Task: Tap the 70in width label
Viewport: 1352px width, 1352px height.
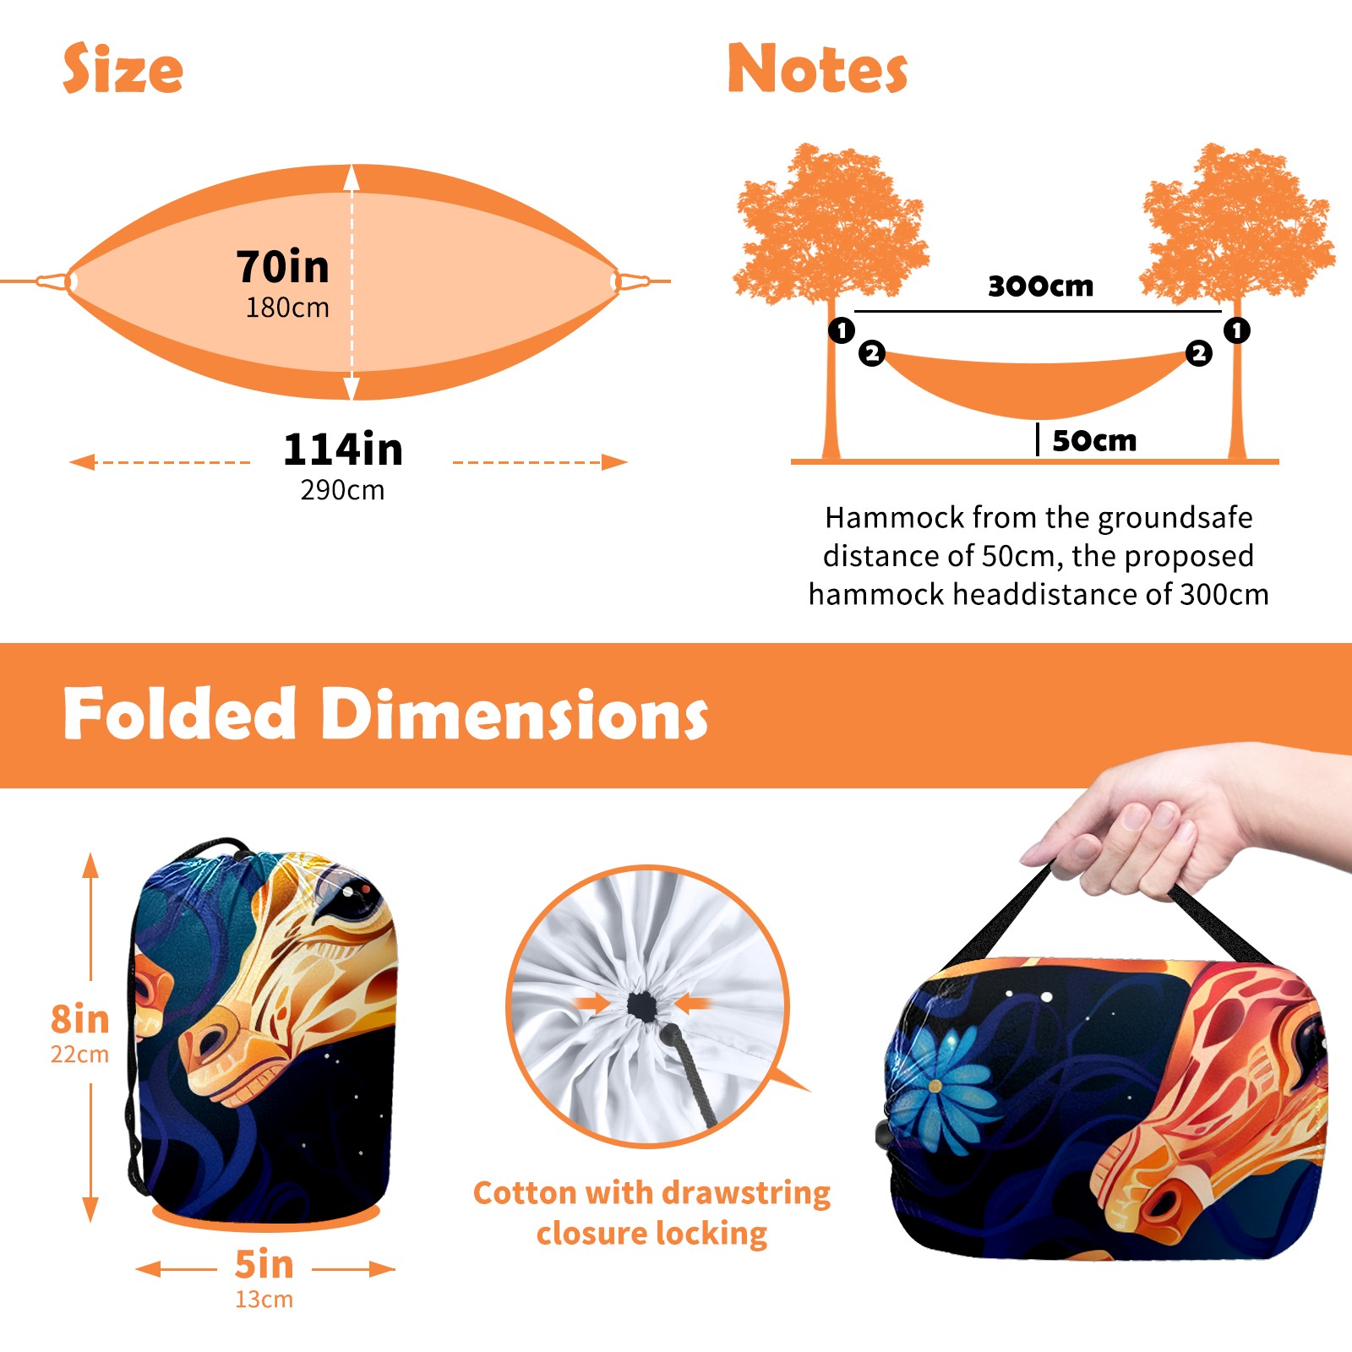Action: click(282, 266)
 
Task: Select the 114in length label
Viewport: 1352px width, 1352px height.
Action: click(343, 449)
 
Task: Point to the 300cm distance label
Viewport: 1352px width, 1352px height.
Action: click(1040, 286)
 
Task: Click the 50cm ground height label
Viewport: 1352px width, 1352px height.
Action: click(1094, 440)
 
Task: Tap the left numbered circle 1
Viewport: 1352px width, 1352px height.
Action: click(842, 330)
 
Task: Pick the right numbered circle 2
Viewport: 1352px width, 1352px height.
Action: click(1198, 353)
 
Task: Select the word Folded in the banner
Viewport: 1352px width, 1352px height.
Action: click(180, 714)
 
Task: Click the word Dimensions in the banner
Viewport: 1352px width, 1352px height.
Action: click(514, 714)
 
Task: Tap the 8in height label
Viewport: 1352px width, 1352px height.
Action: click(80, 1019)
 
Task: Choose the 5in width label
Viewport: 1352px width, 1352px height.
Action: click(264, 1264)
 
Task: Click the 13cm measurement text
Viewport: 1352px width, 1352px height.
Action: click(264, 1300)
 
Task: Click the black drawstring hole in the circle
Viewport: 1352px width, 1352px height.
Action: click(644, 1006)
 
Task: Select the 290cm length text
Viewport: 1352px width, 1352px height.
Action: click(343, 490)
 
